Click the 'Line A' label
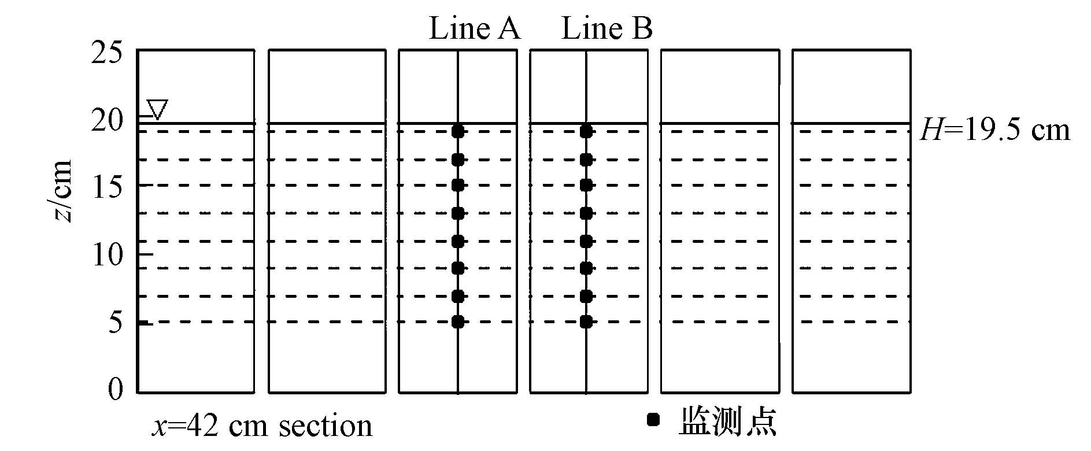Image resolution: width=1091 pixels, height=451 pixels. [474, 29]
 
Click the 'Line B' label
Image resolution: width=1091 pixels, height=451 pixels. [606, 29]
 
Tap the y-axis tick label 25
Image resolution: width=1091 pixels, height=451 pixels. [108, 53]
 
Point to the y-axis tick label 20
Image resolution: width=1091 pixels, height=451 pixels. [108, 120]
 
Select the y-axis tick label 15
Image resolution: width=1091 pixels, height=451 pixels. [108, 186]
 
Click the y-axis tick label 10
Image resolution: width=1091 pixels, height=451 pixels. [108, 254]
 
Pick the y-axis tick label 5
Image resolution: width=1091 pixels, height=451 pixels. [116, 322]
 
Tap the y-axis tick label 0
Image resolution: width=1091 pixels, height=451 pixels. [116, 389]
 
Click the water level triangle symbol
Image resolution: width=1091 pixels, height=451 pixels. [157, 109]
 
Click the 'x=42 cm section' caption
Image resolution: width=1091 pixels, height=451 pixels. [262, 426]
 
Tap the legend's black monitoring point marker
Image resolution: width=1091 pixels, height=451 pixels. [653, 420]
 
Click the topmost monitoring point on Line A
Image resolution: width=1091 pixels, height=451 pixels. [458, 131]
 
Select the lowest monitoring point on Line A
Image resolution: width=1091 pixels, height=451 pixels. [458, 322]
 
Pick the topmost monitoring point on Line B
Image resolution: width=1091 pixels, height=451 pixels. [586, 131]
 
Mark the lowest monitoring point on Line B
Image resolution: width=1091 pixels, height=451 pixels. [586, 322]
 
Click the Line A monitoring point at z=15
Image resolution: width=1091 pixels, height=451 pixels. [458, 186]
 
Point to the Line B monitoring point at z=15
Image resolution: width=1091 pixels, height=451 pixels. [586, 186]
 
